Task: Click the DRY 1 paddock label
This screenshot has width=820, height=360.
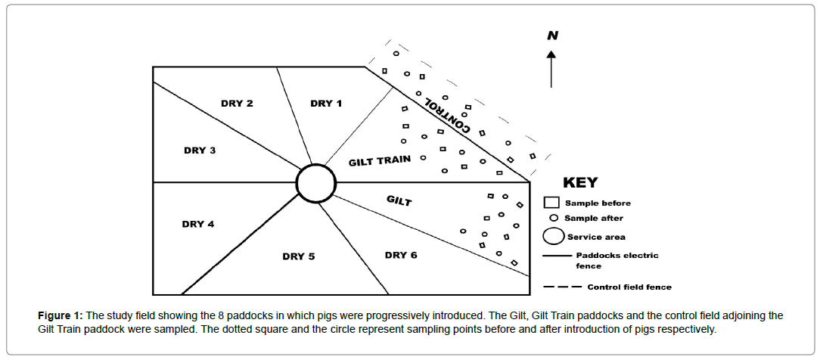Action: click(x=326, y=104)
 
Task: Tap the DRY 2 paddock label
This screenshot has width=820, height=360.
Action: click(x=237, y=104)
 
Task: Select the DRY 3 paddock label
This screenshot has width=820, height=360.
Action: click(x=200, y=151)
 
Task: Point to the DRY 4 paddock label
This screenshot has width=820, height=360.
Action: click(x=198, y=224)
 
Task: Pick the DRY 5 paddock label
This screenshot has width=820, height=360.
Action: click(x=299, y=256)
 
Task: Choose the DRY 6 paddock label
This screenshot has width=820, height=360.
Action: click(x=401, y=255)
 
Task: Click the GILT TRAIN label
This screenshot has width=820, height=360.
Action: click(x=380, y=160)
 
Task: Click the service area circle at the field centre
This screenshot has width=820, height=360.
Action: click(x=316, y=183)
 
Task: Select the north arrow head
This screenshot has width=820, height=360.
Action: click(x=551, y=54)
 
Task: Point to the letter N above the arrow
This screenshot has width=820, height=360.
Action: click(x=552, y=36)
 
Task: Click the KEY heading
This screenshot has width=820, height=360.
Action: click(x=580, y=183)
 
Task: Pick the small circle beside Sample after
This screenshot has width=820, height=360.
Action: click(x=554, y=219)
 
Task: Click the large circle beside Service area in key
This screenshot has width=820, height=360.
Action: click(x=554, y=237)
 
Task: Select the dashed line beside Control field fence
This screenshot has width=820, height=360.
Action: click(x=563, y=287)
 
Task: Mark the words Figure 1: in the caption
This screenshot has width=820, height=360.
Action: click(x=61, y=315)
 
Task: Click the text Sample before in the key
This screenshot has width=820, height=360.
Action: click(x=598, y=203)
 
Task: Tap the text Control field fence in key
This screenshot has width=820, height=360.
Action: click(x=629, y=287)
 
